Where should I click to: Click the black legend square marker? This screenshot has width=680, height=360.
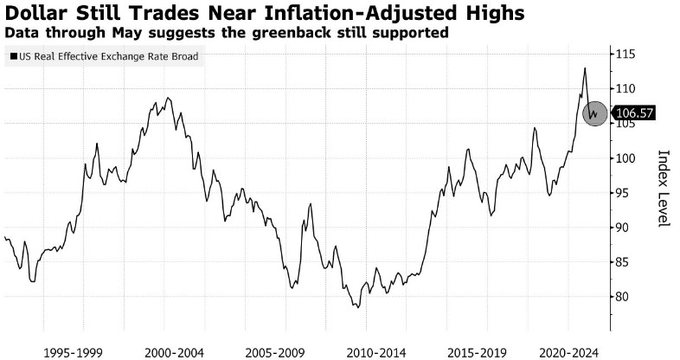point(12,57)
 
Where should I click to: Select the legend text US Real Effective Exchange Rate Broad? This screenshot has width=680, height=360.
point(106,57)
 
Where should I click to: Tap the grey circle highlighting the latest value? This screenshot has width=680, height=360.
point(594,112)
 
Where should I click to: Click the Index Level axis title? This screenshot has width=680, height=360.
point(664,189)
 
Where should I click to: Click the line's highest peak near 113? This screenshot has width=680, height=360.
point(585,68)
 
